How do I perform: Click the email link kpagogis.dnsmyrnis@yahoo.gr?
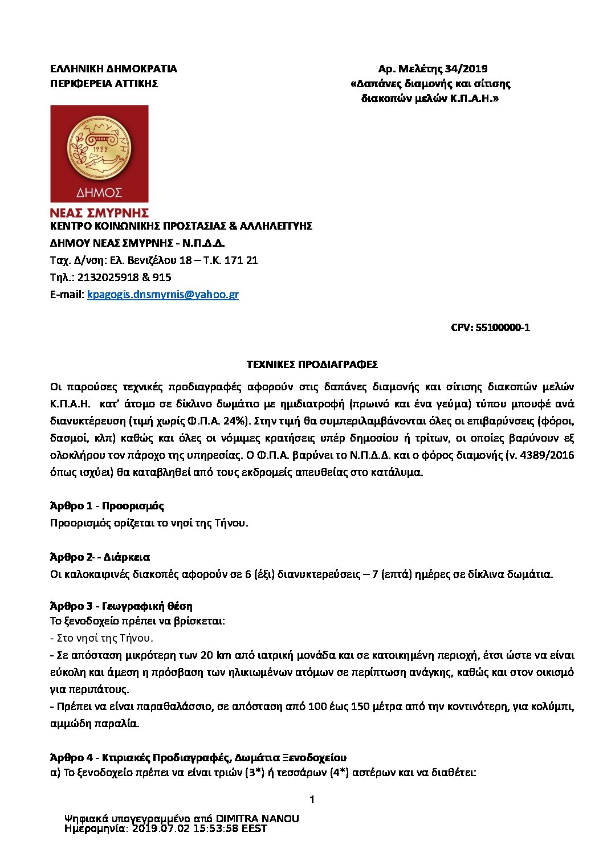pyautogui.click(x=162, y=295)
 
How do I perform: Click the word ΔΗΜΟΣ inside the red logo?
pyautogui.click(x=99, y=193)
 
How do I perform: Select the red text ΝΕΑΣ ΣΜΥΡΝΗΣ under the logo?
pyautogui.click(x=99, y=213)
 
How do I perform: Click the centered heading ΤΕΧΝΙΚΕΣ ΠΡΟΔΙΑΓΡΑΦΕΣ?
pyautogui.click(x=312, y=365)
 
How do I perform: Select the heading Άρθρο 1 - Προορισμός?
pyautogui.click(x=107, y=506)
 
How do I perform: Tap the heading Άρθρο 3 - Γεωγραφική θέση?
pyautogui.click(x=121, y=606)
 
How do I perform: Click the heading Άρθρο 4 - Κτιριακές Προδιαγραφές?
pyautogui.click(x=198, y=758)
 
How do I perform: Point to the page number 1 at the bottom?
pyautogui.click(x=312, y=800)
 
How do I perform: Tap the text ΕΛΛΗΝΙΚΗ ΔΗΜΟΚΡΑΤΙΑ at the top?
pyautogui.click(x=113, y=69)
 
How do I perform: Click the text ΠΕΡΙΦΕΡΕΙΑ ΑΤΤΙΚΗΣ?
pyautogui.click(x=104, y=84)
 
